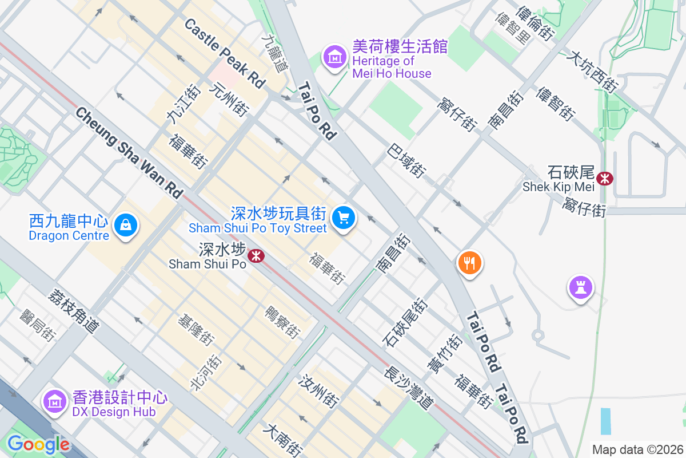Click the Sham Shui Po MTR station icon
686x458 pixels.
tap(256, 256)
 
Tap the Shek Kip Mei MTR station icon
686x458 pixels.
tap(604, 179)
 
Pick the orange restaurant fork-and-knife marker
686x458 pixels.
tap(469, 263)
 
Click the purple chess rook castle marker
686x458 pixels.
tap(580, 287)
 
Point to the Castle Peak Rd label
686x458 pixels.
tap(225, 53)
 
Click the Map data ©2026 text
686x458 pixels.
tap(637, 449)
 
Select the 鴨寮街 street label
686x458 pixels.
tap(282, 322)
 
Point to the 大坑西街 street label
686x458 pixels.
tap(592, 73)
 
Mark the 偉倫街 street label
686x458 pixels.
tap(535, 23)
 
